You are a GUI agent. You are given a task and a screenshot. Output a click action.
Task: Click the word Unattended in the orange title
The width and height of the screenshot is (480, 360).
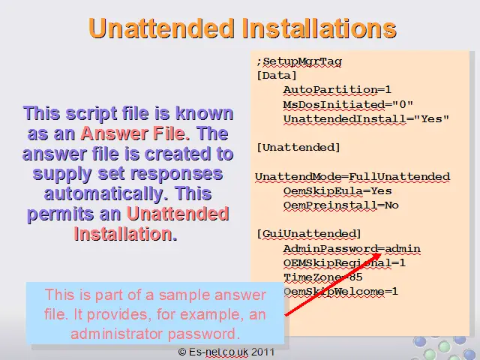click(x=161, y=28)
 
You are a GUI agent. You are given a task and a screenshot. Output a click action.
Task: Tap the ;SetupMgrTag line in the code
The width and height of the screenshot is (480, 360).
click(x=299, y=61)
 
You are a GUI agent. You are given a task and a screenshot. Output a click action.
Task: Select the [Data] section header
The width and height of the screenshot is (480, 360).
click(x=277, y=75)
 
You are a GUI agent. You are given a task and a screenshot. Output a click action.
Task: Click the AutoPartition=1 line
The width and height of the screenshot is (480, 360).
click(x=337, y=90)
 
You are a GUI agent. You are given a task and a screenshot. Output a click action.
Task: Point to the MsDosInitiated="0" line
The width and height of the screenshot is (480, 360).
click(x=348, y=104)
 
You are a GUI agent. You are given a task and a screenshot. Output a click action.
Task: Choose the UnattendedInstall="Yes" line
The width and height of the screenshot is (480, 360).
click(x=366, y=118)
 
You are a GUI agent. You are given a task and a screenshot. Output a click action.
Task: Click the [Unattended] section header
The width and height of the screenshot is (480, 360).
click(x=298, y=147)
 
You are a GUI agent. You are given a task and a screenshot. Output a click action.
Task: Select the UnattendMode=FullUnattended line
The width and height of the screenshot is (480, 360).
click(x=352, y=177)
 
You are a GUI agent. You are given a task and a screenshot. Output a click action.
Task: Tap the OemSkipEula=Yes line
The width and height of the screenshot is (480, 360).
click(x=337, y=191)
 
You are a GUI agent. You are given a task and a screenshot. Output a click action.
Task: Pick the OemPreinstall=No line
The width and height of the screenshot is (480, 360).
click(x=341, y=205)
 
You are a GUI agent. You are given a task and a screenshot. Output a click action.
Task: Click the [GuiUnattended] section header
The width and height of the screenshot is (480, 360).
click(x=309, y=234)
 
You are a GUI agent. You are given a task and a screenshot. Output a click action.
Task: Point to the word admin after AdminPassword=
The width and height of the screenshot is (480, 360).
click(x=403, y=248)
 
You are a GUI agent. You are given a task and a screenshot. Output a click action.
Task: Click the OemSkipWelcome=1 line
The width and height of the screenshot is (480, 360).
click(x=340, y=291)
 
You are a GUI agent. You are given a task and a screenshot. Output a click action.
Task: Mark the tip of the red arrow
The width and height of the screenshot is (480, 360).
click(x=382, y=253)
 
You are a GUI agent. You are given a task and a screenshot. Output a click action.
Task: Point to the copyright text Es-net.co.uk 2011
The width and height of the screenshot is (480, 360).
click(x=226, y=352)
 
